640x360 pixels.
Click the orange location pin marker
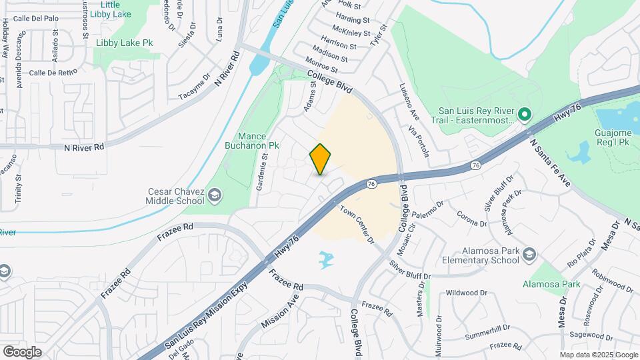[x=320, y=159]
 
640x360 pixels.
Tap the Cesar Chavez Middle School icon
[x=215, y=195]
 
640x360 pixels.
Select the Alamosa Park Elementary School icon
[x=529, y=254]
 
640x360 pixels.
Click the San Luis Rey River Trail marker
[x=524, y=115]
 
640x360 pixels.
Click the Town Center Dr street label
[x=357, y=224]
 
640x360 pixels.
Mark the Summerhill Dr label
[x=487, y=329]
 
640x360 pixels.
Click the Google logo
[x=22, y=351]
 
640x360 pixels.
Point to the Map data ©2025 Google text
[x=599, y=355]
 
